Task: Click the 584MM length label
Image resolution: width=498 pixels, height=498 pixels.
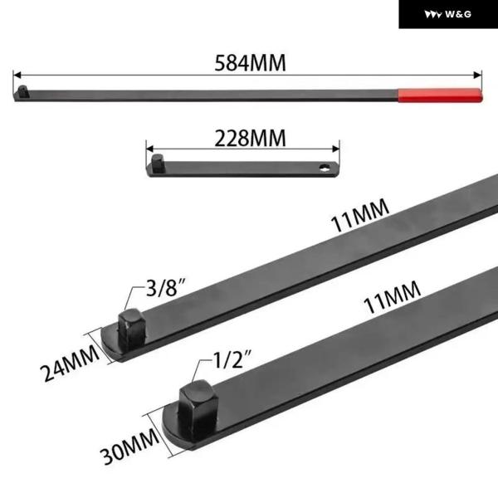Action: pyautogui.click(x=251, y=62)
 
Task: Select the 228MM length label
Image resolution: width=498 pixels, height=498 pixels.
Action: pyautogui.click(x=251, y=139)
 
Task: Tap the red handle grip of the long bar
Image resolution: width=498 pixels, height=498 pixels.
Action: pyautogui.click(x=440, y=95)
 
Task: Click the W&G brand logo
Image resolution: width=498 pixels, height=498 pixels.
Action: pyautogui.click(x=448, y=14)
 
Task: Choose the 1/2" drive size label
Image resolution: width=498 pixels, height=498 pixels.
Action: pyautogui.click(x=232, y=359)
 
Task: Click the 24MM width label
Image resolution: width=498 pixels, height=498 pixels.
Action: pyautogui.click(x=70, y=363)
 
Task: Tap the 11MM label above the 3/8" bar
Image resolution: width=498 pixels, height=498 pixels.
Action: pyautogui.click(x=360, y=215)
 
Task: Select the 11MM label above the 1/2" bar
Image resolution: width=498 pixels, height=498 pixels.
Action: pyautogui.click(x=392, y=297)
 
